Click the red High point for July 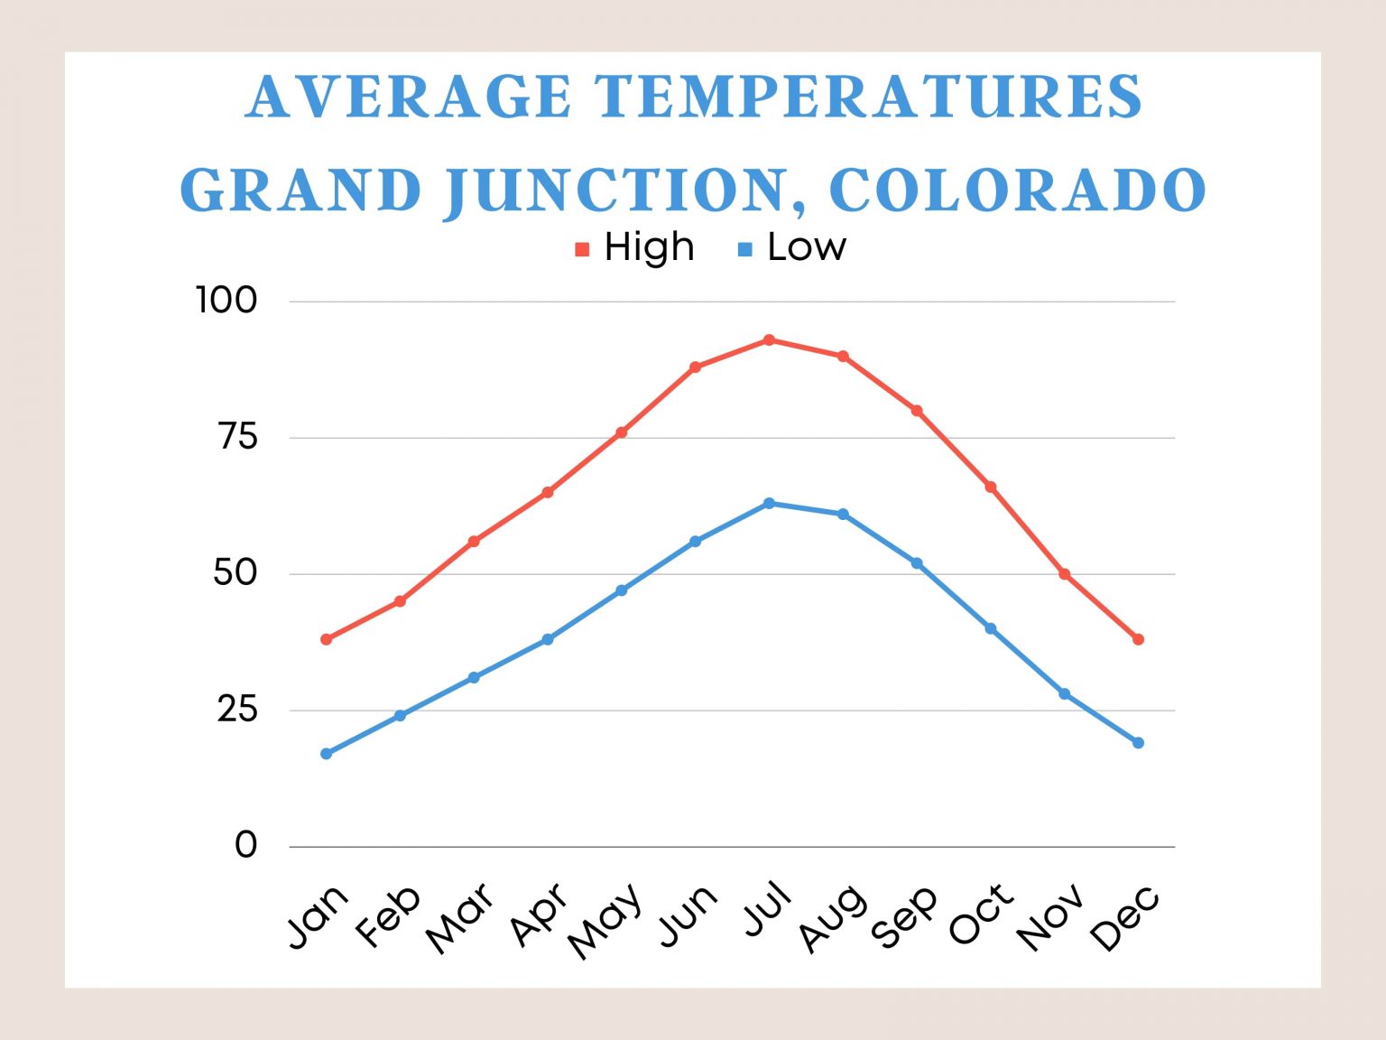(769, 340)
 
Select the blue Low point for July (769, 503)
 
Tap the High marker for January (327, 639)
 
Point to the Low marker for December (1138, 743)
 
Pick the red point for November (1065, 574)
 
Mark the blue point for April (548, 639)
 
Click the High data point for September (917, 411)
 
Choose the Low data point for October (991, 628)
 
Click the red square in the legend (582, 249)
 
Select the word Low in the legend (807, 247)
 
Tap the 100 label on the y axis (226, 301)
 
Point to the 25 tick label (236, 710)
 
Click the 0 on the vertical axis (245, 846)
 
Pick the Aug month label (833, 918)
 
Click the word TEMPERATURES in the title (868, 97)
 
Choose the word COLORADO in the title (1017, 190)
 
